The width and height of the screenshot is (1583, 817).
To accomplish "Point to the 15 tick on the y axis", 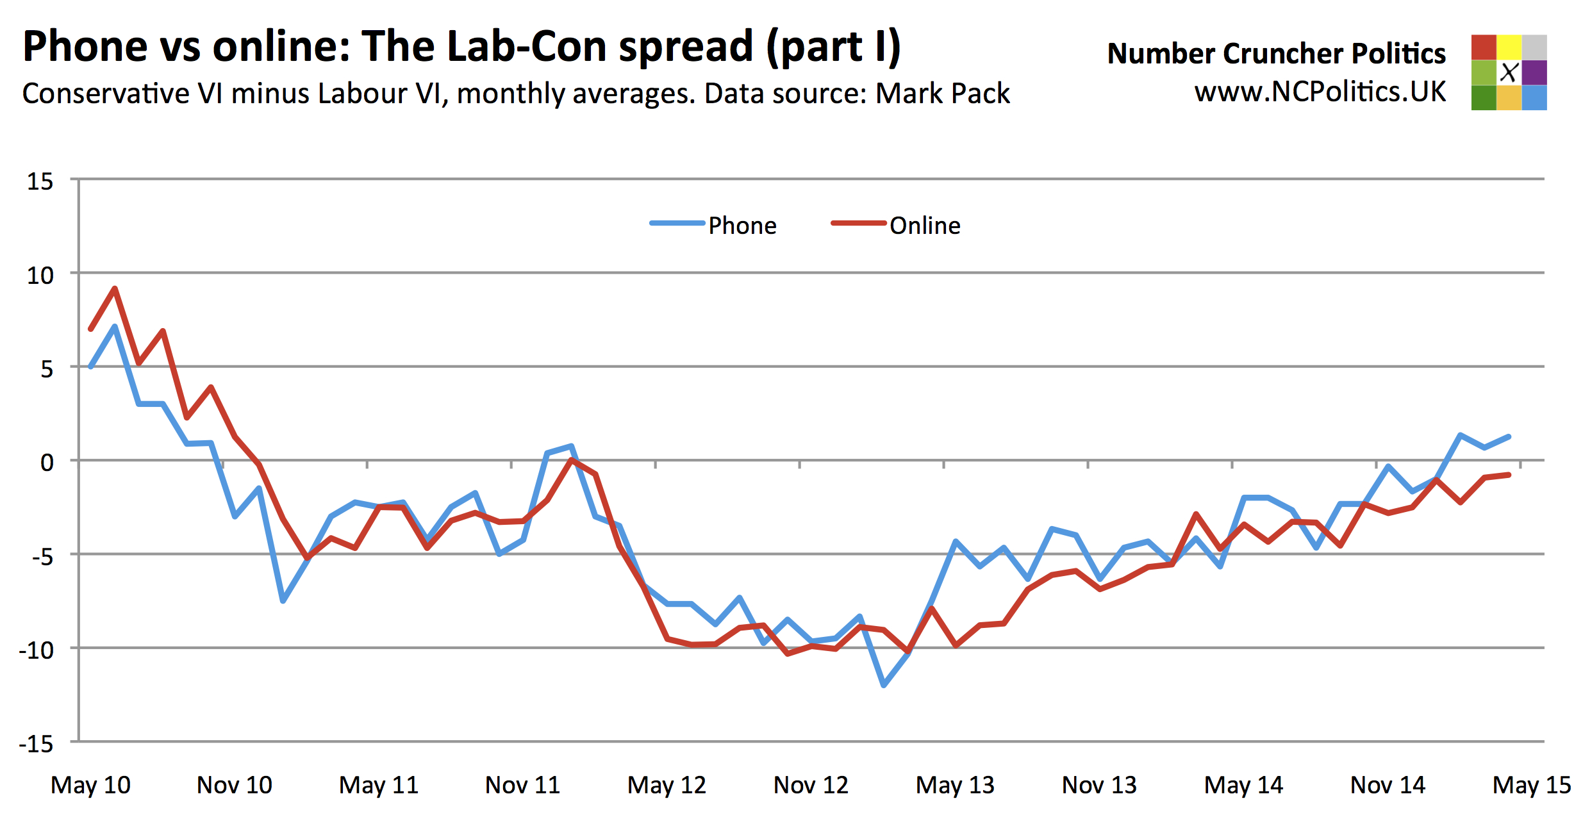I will (x=40, y=181).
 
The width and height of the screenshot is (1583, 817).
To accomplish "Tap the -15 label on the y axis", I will (x=36, y=743).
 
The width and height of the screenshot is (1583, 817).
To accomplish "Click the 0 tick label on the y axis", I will (x=47, y=462).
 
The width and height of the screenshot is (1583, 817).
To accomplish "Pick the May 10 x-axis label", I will (x=90, y=785).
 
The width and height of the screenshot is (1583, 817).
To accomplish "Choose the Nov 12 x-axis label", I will (x=811, y=785).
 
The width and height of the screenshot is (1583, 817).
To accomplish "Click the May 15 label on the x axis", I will (x=1532, y=785).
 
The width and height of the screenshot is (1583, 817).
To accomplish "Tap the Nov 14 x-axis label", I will (x=1388, y=785).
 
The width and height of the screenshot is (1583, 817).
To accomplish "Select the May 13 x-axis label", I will (x=955, y=785).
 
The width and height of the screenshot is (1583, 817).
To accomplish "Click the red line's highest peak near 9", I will (x=115, y=288).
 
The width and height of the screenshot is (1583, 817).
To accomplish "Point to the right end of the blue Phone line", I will (x=1509, y=436).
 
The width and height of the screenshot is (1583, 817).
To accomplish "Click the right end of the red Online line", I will (x=1509, y=475).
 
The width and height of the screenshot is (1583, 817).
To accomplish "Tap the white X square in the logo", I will (x=1509, y=72).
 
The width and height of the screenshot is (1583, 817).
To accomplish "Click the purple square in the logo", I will (x=1534, y=72).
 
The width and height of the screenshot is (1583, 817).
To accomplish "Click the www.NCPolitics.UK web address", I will (x=1320, y=92).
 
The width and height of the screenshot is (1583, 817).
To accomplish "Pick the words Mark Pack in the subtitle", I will (x=943, y=94).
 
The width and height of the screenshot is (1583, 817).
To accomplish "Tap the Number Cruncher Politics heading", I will (x=1277, y=53).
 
